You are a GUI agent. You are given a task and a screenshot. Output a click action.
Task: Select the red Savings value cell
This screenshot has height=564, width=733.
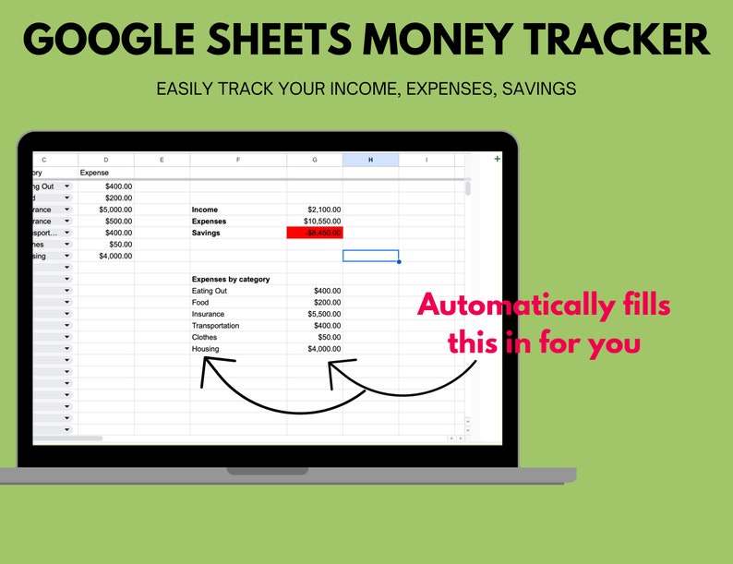[x=315, y=234]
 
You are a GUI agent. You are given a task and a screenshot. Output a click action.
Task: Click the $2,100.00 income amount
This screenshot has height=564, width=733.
[x=324, y=210]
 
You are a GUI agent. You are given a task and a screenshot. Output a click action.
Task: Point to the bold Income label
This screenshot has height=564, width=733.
[x=205, y=210]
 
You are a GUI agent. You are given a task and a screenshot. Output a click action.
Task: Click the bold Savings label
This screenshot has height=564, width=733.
[x=207, y=234]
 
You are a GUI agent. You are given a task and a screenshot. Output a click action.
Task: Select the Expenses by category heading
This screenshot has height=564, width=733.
[x=231, y=279]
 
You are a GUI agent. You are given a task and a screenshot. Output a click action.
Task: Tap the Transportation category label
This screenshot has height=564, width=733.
[x=215, y=326]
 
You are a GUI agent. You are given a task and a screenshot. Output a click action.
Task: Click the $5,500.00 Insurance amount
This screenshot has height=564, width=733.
[x=324, y=314]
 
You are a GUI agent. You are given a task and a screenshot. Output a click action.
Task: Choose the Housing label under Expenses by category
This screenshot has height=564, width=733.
[x=205, y=349]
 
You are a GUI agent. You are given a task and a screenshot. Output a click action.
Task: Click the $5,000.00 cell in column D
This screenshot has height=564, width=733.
[x=115, y=210]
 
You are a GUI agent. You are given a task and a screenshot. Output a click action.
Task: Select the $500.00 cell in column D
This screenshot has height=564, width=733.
[x=119, y=222]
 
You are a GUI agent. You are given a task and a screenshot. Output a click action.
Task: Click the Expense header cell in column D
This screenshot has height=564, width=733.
[x=94, y=173]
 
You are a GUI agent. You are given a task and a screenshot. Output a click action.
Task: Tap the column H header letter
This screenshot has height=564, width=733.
[x=370, y=160]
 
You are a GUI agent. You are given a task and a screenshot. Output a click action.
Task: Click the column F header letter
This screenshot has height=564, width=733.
[x=238, y=160]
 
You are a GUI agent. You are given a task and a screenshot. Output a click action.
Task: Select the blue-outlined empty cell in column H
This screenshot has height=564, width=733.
[x=370, y=256]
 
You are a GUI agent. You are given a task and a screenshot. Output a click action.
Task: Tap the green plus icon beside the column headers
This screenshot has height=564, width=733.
[x=498, y=159]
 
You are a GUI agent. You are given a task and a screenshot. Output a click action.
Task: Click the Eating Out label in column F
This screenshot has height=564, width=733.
[x=210, y=291]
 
